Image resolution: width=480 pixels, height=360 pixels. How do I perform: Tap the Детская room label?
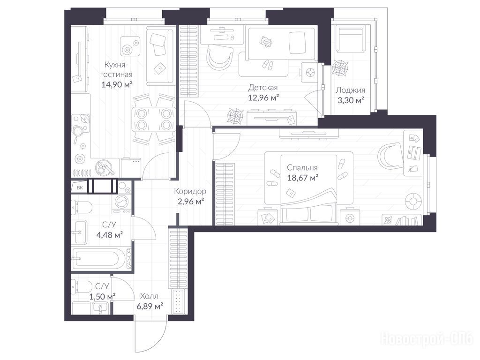[262, 88]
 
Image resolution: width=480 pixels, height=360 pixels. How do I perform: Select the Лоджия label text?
[351, 90]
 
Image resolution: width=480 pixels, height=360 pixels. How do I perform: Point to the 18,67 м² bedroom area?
[302, 178]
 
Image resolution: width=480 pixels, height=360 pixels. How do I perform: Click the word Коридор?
[190, 191]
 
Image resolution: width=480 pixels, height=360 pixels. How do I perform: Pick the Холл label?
[149, 296]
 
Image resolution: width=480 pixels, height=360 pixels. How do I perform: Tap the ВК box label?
[80, 187]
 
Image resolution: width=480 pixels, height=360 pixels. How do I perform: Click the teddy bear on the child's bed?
[266, 42]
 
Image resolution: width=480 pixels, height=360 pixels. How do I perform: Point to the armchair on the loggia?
[351, 39]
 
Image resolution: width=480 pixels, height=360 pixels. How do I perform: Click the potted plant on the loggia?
[340, 67]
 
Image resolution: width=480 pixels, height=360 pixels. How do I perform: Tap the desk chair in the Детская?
[220, 57]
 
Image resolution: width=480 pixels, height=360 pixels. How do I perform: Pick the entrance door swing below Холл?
[150, 336]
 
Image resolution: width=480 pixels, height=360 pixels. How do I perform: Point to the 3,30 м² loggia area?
[351, 100]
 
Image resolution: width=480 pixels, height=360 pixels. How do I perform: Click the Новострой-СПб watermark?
[427, 339]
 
